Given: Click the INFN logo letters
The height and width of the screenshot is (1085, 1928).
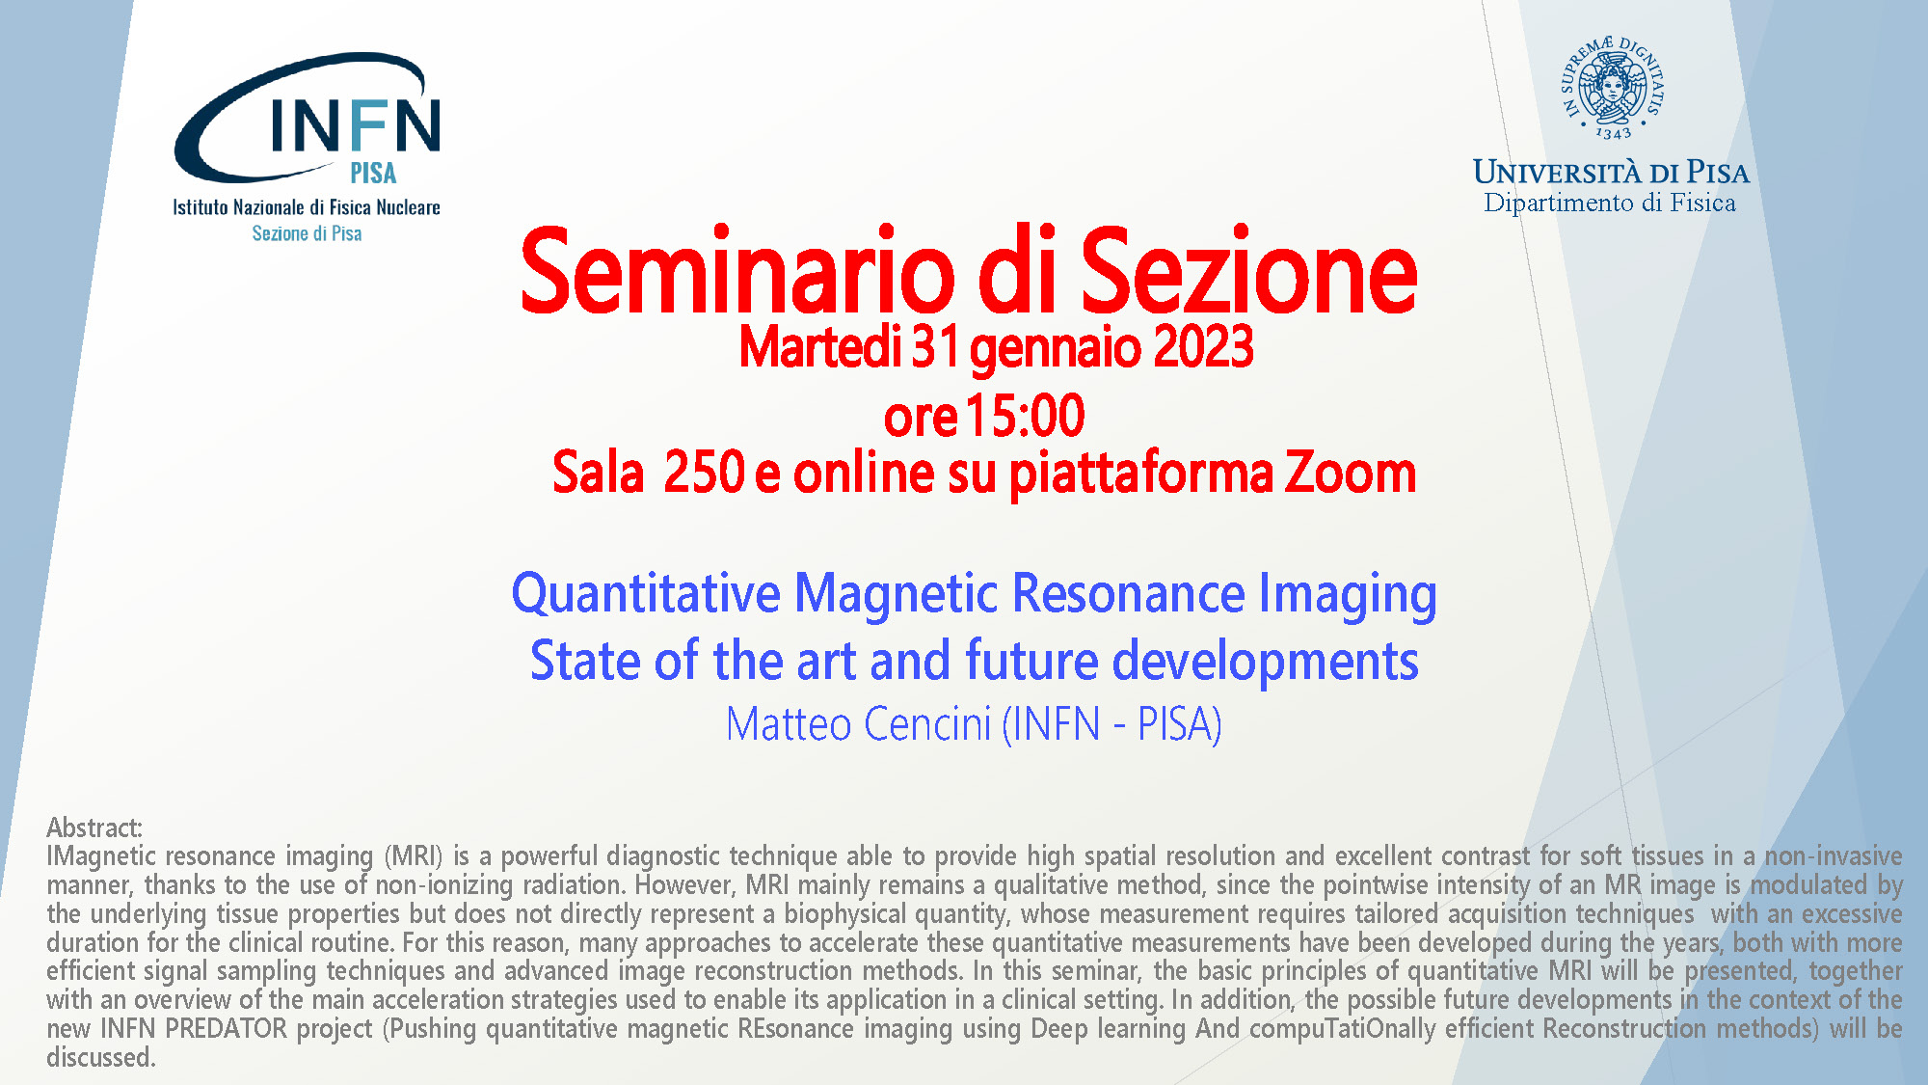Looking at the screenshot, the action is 356,125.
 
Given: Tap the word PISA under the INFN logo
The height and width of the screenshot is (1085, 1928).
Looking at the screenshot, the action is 373,173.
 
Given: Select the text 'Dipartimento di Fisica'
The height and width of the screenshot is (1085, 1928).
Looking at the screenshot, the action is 1610,203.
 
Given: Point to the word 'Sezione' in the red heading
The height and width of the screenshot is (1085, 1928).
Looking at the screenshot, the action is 1248,272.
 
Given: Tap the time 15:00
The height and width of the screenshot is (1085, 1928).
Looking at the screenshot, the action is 1025,416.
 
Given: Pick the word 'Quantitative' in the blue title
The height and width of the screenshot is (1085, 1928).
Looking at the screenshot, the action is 646,594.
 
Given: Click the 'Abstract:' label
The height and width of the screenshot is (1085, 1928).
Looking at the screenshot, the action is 94,827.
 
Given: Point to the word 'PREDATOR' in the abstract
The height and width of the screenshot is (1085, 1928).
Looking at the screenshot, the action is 226,1028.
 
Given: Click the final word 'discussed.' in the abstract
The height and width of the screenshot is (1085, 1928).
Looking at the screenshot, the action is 101,1057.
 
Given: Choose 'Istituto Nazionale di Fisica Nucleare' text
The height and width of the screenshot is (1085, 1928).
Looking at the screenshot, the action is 307,207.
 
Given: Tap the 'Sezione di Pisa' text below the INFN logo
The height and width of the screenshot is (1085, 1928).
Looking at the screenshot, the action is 307,233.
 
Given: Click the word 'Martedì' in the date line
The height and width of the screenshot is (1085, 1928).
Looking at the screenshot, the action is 820,347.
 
